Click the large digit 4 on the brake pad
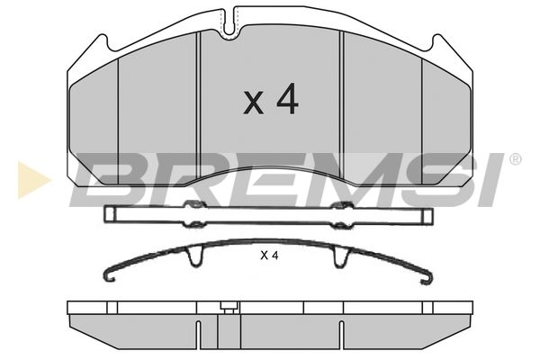click(x=288, y=98)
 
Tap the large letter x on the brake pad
click(x=254, y=103)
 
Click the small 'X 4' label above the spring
click(x=269, y=256)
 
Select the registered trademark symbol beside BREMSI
click(x=515, y=159)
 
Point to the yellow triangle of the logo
click(x=32, y=179)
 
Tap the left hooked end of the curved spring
click(x=110, y=274)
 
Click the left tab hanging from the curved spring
click(x=195, y=257)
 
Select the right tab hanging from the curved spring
click(x=341, y=257)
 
